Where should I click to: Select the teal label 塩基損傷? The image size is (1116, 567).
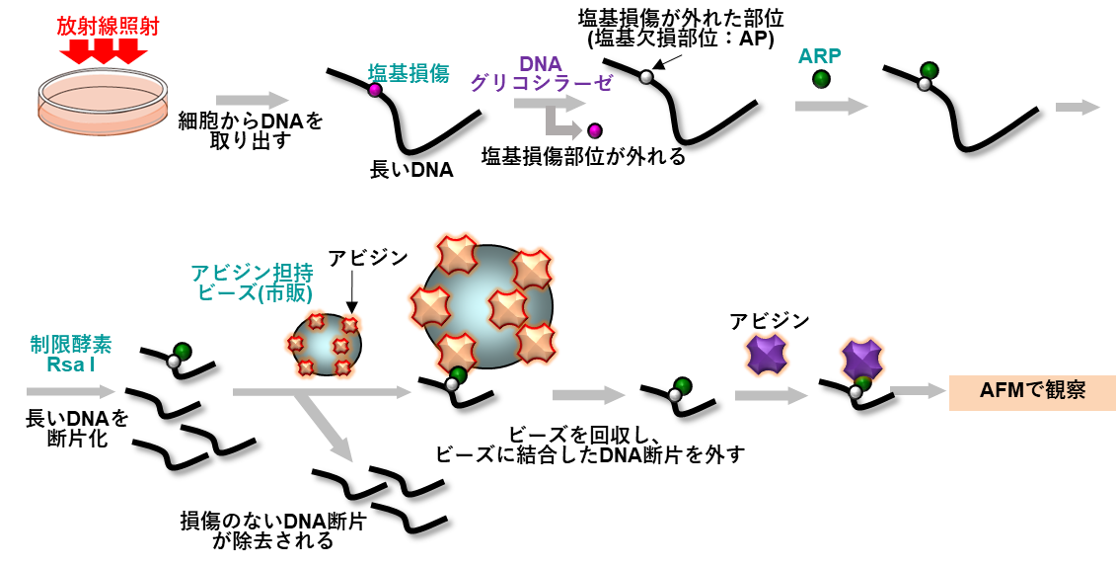(x=409, y=73)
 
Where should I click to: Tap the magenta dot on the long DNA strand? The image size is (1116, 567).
(x=375, y=90)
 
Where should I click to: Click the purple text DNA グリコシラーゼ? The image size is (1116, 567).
(x=540, y=74)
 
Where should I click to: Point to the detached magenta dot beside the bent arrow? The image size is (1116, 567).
(x=594, y=130)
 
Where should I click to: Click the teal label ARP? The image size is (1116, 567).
(x=820, y=56)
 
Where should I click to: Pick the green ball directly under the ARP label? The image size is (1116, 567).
(x=821, y=79)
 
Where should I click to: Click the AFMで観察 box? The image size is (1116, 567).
(x=1032, y=391)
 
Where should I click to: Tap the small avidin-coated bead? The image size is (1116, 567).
(x=326, y=345)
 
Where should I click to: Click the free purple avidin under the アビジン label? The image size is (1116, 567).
(x=767, y=355)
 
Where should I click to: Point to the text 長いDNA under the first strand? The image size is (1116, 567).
(x=410, y=170)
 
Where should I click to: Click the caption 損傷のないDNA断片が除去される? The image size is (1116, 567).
(x=272, y=530)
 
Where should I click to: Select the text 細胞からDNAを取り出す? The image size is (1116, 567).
(x=250, y=130)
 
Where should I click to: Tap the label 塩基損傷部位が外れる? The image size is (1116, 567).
(x=582, y=156)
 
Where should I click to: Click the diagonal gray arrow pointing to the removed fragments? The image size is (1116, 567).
(x=328, y=426)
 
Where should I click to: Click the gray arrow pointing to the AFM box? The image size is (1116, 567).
(x=918, y=391)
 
